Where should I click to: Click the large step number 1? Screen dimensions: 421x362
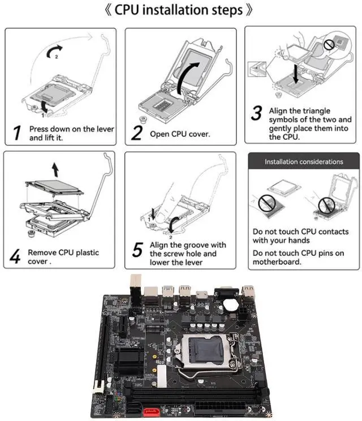[x=18, y=133]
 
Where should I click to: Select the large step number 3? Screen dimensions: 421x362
[x=257, y=113]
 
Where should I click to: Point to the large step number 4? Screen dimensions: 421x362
[x=16, y=257]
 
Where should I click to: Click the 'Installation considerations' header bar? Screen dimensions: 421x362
[x=304, y=162]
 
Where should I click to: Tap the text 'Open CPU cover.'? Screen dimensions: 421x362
[x=180, y=134]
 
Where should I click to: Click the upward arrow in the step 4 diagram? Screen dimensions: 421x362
[x=54, y=167]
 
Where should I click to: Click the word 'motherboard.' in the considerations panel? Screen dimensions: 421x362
[x=277, y=262]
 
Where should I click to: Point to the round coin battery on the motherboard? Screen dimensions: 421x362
[x=230, y=303]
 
